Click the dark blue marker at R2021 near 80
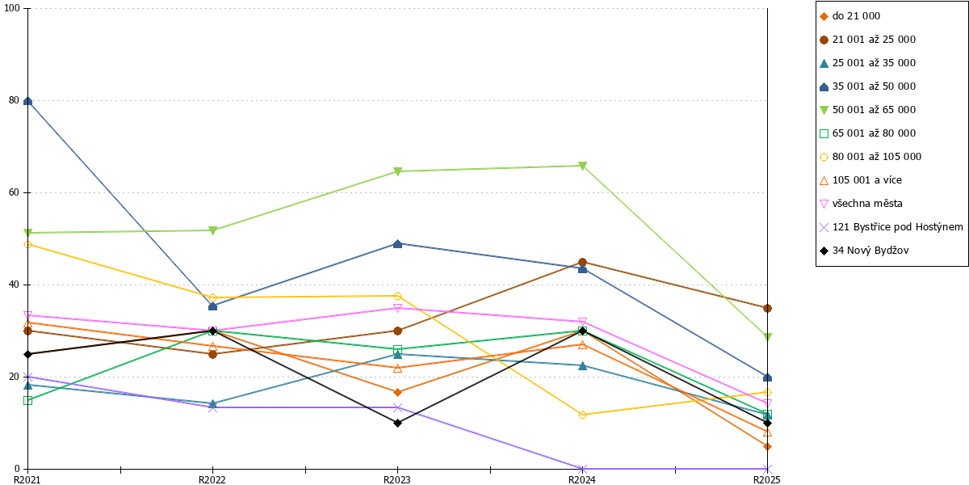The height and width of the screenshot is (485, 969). pos(27,101)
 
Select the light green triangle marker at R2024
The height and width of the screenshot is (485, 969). pos(582,166)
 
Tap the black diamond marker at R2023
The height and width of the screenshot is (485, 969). pos(397,423)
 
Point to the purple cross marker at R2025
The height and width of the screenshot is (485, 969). pos(767,469)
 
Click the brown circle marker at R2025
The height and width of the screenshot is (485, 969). pos(767,308)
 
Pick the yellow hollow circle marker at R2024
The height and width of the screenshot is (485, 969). pos(582,415)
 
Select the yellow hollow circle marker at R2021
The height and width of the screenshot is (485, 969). pos(27,245)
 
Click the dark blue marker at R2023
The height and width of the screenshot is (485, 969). pos(397,244)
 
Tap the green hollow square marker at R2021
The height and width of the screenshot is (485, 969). pos(27,401)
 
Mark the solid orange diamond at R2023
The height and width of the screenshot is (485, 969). pos(397,392)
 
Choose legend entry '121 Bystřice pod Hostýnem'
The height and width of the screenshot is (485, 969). pos(891,227)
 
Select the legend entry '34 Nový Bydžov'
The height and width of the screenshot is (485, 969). pos(864,251)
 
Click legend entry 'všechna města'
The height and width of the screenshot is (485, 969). pos(861,204)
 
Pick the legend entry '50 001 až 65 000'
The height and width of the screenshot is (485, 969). pos(867,110)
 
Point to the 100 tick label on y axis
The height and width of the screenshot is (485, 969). pos(11,8)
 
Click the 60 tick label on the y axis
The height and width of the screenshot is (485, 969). pos(15,192)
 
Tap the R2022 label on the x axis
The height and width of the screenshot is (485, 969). pos(212,480)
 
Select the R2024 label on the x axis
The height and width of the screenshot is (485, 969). pos(582,480)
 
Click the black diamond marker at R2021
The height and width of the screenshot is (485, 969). pos(27,354)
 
